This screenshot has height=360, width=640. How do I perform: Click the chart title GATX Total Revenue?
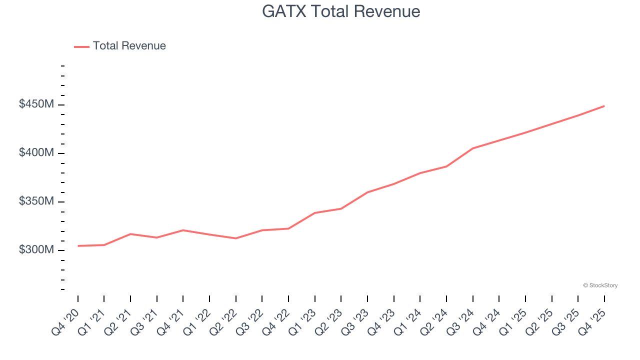tap(341, 11)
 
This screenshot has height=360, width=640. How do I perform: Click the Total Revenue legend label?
tap(129, 46)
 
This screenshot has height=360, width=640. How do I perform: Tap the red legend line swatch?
tap(82, 46)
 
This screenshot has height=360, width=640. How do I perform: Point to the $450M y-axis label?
tap(36, 104)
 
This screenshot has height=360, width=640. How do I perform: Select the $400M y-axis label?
tap(36, 153)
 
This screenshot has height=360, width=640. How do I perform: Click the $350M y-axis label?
tap(36, 201)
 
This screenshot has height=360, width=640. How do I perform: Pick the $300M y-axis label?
tap(36, 249)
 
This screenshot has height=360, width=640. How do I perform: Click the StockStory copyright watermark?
tap(600, 285)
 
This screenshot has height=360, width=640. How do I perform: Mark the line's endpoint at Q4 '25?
tap(604, 106)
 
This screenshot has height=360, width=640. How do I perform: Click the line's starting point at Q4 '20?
tap(78, 246)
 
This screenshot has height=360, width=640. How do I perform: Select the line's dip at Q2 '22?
tap(236, 238)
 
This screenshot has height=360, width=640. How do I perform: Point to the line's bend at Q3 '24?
tap(472, 148)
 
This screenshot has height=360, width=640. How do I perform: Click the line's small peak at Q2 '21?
tap(130, 234)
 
